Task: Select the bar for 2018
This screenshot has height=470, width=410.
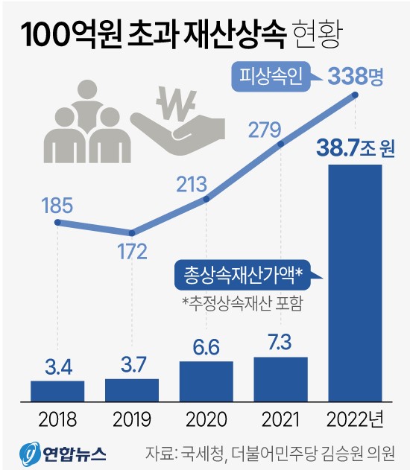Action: pos(57,390)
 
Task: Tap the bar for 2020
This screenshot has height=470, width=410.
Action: pos(206,381)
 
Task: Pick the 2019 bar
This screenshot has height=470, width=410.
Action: pos(132,390)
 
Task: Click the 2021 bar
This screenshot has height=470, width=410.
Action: pos(281,378)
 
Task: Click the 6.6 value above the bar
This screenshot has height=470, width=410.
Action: pos(206,346)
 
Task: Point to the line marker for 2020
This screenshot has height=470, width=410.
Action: pos(206,198)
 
